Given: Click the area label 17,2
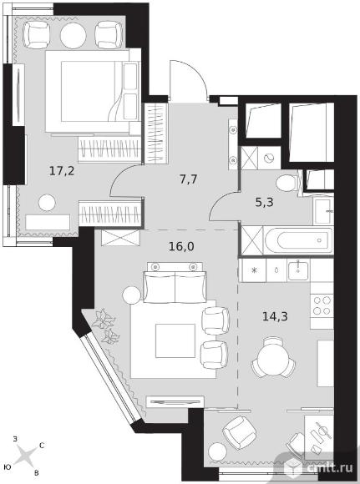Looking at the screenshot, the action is point(62,171).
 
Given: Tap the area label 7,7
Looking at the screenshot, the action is point(189,179).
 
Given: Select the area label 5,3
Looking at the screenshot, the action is point(265,202).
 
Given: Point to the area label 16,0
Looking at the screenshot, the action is point(182,247).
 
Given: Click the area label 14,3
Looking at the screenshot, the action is point(275,316).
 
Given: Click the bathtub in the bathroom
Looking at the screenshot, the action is point(298,240).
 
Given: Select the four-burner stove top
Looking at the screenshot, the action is point(322,305).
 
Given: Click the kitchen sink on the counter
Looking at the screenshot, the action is point(298,270).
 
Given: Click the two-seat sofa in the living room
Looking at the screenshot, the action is point(175,286).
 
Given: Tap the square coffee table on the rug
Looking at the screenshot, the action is point(175,340).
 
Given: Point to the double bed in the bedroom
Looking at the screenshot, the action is point(93,91).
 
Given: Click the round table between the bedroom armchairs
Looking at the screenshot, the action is point(73,36).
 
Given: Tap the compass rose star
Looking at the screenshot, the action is point(25,455).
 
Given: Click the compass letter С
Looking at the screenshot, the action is point(42,446).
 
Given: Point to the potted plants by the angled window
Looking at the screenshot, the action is point(105,325).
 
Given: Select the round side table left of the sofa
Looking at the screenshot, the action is point(131,295).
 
